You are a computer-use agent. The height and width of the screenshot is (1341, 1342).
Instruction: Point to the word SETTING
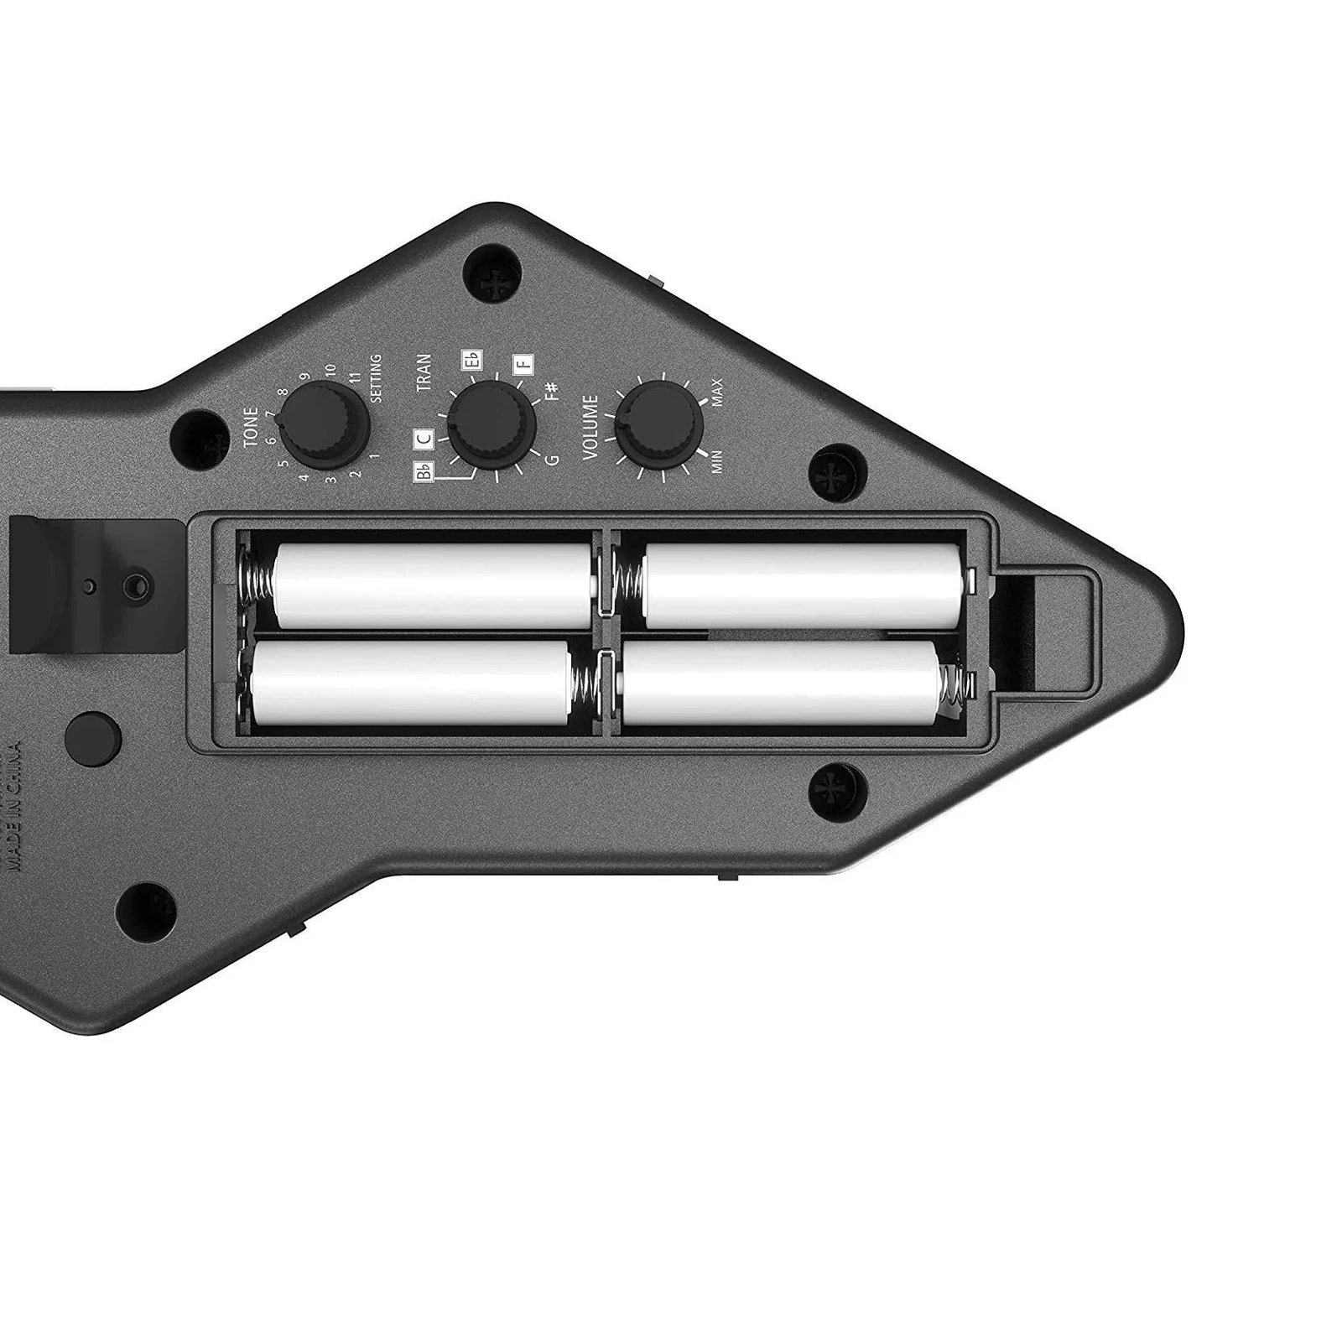[x=375, y=379]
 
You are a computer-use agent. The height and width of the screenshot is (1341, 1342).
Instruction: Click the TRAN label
[x=424, y=372]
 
